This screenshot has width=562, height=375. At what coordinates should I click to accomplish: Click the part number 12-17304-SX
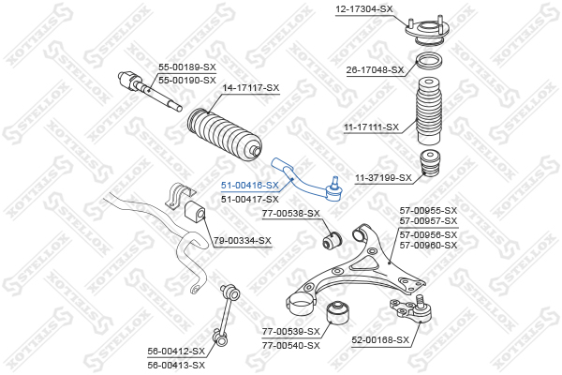(x=363, y=9)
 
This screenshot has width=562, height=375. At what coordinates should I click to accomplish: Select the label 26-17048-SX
(x=375, y=69)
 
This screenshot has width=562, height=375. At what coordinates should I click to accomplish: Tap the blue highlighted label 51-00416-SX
(x=249, y=186)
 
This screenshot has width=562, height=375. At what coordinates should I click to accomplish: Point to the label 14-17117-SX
(x=250, y=87)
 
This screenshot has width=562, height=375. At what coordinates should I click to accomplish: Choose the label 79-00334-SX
(x=243, y=240)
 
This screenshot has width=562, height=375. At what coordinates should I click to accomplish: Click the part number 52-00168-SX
(x=380, y=339)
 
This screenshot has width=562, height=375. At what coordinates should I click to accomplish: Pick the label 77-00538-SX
(x=290, y=214)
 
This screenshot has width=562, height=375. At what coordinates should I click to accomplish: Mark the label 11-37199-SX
(x=383, y=177)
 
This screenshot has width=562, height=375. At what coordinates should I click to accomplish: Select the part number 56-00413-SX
(x=176, y=366)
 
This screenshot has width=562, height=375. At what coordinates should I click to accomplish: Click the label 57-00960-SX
(x=428, y=246)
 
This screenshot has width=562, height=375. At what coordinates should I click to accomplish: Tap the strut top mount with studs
(x=426, y=31)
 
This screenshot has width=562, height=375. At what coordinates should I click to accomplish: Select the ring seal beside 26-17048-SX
(x=429, y=63)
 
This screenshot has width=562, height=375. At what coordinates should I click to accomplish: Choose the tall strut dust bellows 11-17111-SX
(x=429, y=112)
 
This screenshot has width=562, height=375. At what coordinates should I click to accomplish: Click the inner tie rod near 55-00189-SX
(x=150, y=91)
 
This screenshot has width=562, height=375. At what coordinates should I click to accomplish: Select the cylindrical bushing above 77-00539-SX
(x=338, y=314)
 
